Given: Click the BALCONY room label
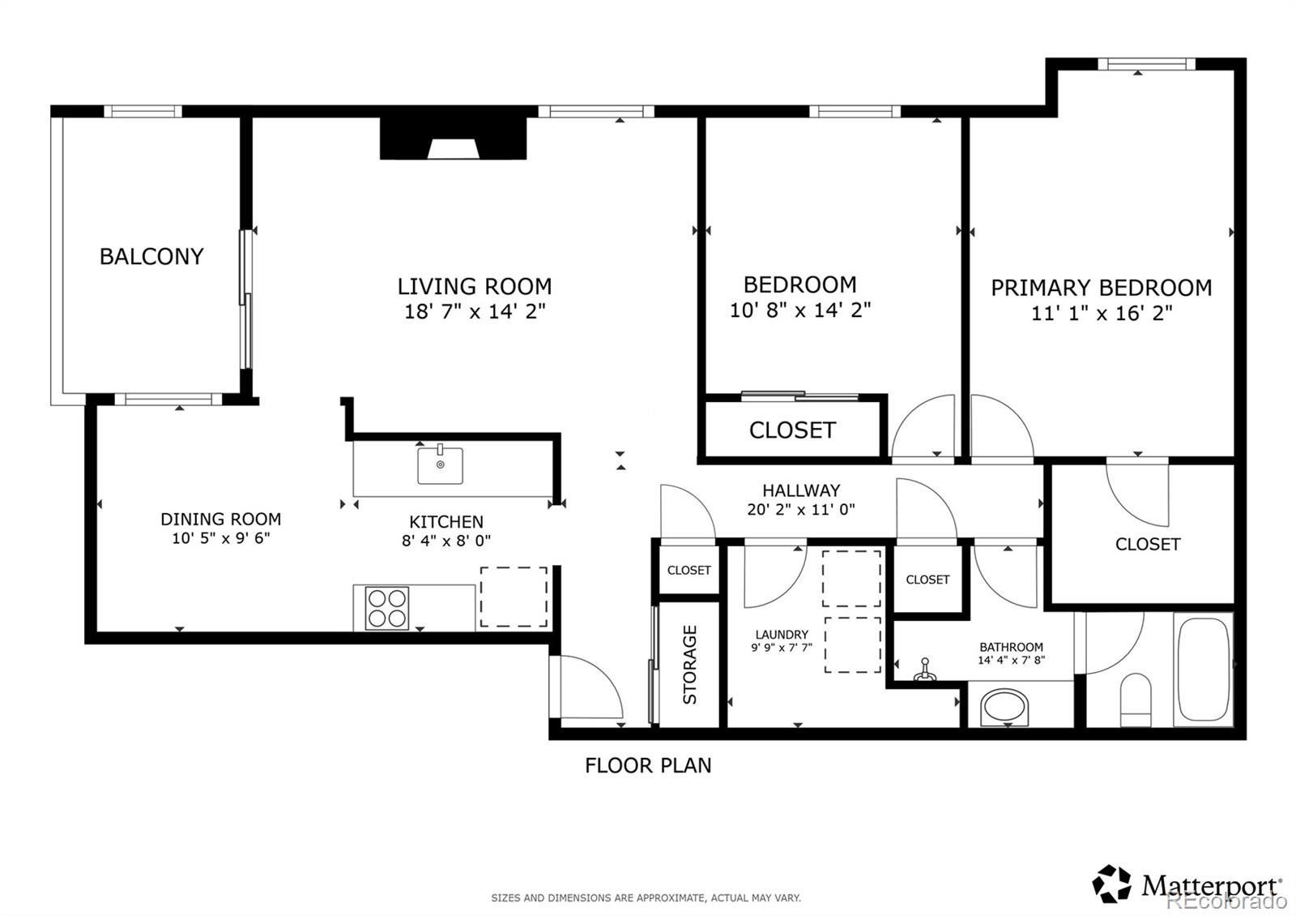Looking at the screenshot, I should click(151, 256).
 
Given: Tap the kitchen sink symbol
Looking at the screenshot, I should click(440, 465).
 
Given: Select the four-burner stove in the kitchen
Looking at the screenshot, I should click(386, 608).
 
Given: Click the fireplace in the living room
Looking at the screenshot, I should click(454, 139).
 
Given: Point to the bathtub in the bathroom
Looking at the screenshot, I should click(1203, 670).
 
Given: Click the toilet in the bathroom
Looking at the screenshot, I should click(1135, 700).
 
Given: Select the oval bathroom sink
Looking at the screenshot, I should click(1005, 708).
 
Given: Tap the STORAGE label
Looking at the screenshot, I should click(689, 664).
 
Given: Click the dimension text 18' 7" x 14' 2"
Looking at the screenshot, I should click(475, 311).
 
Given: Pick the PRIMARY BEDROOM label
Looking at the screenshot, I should click(1101, 288).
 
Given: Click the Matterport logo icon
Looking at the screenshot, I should click(1111, 884).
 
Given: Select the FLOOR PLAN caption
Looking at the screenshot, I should click(648, 765).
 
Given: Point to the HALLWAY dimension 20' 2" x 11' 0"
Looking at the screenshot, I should click(800, 510).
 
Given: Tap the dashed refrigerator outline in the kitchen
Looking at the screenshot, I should click(514, 597).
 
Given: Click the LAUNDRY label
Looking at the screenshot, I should click(782, 635).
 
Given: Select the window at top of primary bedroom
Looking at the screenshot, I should click(1145, 64).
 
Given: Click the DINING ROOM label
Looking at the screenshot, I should click(220, 519).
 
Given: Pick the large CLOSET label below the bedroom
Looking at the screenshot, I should click(791, 430).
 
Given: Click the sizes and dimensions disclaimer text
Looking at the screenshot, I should click(646, 897).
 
